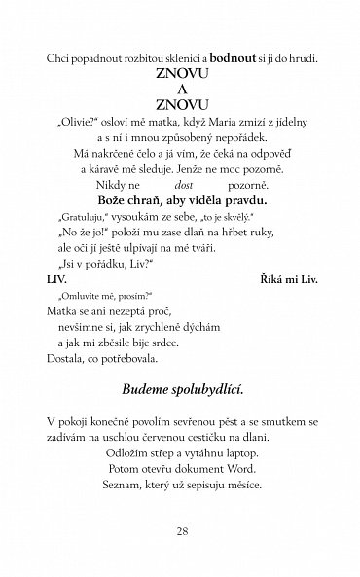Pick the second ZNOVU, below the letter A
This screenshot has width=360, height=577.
pos(179,102)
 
